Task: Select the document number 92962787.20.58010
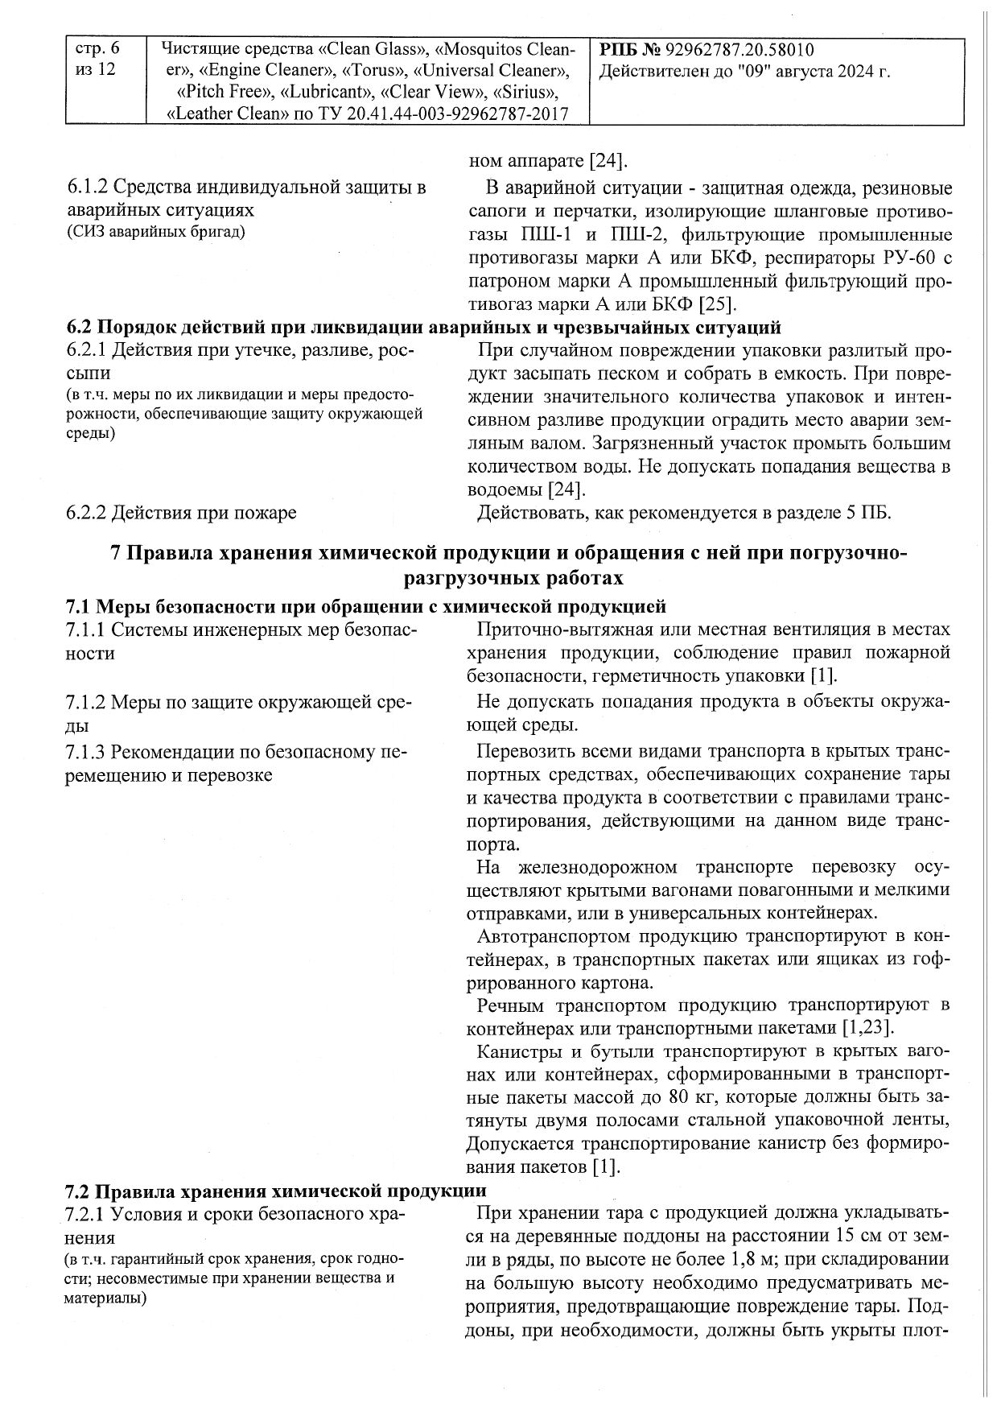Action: pos(739,50)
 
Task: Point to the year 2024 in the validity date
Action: pos(855,71)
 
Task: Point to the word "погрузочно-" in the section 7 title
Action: pos(847,554)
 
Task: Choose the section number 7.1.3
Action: pos(87,753)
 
